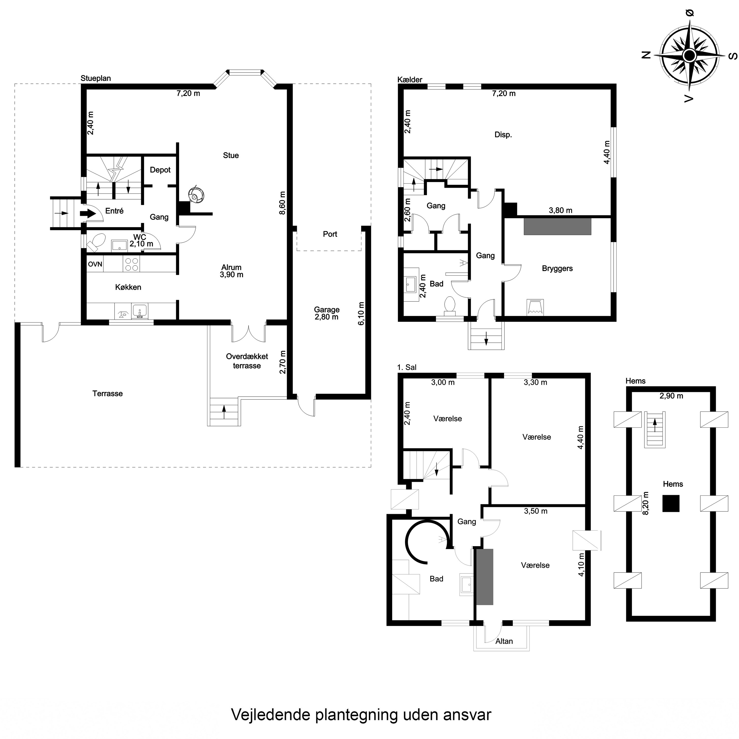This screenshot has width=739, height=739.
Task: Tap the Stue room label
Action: click(x=231, y=155)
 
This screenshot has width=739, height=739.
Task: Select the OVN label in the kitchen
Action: click(x=95, y=264)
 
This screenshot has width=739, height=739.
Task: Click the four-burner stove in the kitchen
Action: click(x=132, y=264)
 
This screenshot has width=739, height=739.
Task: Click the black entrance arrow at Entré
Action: click(x=88, y=213)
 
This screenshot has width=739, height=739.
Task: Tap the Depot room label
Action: click(x=160, y=170)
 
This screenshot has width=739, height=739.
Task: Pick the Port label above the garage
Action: click(x=330, y=234)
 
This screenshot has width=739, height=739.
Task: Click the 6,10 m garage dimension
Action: click(x=361, y=314)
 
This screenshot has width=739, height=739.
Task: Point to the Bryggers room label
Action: click(x=557, y=269)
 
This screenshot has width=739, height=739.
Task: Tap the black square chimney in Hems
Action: click(x=671, y=503)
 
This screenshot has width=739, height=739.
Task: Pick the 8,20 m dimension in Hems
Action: click(x=646, y=503)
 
